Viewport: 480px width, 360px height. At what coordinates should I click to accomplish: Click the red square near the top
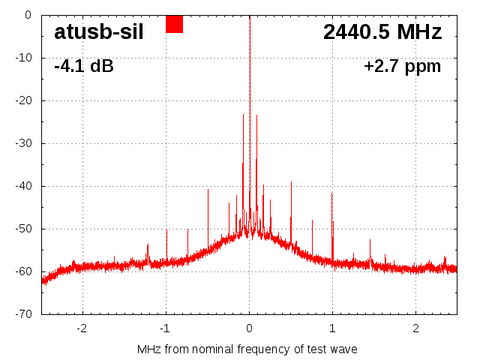coord(174,24)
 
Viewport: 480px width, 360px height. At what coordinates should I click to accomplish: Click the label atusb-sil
coord(98,32)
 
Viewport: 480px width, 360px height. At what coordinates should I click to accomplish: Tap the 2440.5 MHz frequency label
coord(382,32)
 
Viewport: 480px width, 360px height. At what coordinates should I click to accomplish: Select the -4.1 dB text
coord(84,66)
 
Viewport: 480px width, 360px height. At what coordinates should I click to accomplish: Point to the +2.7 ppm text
coord(402,66)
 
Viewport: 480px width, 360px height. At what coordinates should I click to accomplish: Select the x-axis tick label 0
coord(250,328)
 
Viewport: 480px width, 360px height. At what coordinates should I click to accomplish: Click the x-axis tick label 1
coord(333,328)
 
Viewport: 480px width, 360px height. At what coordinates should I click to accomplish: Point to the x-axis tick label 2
coord(416,328)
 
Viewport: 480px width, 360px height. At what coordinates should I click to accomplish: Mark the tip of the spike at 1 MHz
coord(332,193)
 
